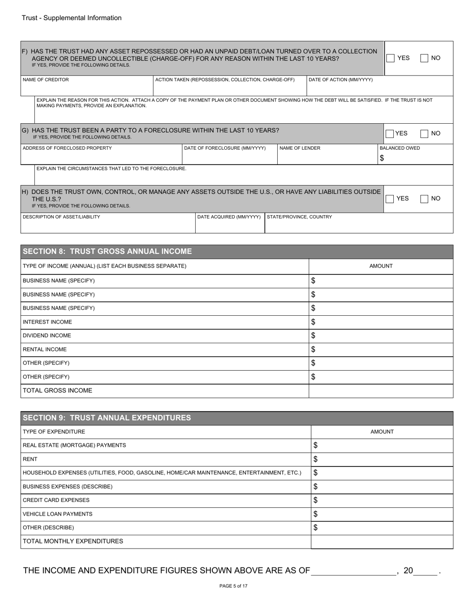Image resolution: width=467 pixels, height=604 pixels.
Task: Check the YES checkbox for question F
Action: pos(390,58)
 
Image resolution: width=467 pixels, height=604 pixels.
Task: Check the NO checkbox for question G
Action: pos(425,134)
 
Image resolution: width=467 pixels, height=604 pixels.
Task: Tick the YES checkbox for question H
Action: pos(390,198)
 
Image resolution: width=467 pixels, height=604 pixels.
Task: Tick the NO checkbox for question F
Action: pos(425,58)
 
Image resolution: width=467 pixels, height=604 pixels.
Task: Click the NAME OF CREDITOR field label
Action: pos(46,80)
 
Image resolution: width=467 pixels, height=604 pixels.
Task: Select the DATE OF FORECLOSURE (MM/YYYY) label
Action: pos(225,148)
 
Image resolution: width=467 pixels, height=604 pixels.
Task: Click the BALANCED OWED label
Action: pos(400,148)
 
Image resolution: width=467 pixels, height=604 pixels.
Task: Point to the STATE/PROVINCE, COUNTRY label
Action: pos(299,217)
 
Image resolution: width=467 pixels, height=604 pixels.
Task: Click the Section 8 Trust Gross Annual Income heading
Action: pos(107,251)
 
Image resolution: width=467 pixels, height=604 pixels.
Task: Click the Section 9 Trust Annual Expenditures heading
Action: pos(107,418)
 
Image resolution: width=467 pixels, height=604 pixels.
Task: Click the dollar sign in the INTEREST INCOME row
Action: pos(313,322)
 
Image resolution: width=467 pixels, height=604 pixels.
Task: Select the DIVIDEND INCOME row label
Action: pos(47,336)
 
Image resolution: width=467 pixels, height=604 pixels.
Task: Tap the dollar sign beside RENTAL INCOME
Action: pos(313,350)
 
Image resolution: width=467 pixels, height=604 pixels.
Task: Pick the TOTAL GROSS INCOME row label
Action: pos(58,391)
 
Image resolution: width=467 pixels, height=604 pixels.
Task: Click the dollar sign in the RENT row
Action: pos(316,459)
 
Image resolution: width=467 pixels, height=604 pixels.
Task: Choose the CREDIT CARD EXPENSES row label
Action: pos(56,500)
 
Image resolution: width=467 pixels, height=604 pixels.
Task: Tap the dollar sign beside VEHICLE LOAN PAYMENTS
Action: pos(316,514)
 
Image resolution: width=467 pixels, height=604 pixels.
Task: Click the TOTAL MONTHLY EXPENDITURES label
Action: pos(73,541)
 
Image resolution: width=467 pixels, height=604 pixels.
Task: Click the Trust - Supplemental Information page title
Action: pos(71,18)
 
